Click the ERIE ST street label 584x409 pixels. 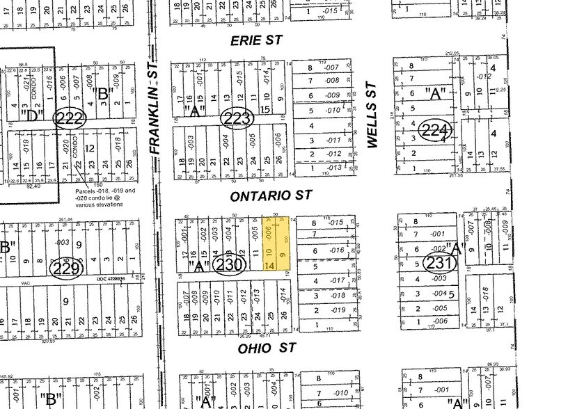(257, 40)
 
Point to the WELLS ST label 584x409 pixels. (372, 115)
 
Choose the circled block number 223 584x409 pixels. (237, 119)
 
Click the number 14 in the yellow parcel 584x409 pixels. (270, 266)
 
